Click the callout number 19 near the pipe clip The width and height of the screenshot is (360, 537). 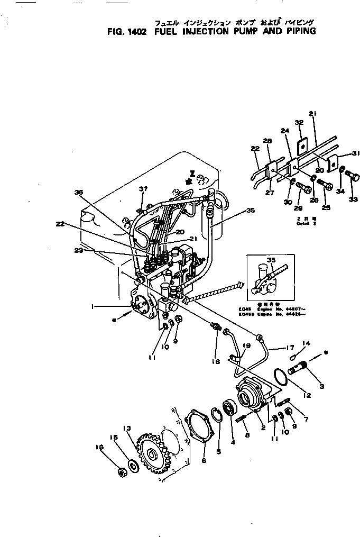(246, 345)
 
